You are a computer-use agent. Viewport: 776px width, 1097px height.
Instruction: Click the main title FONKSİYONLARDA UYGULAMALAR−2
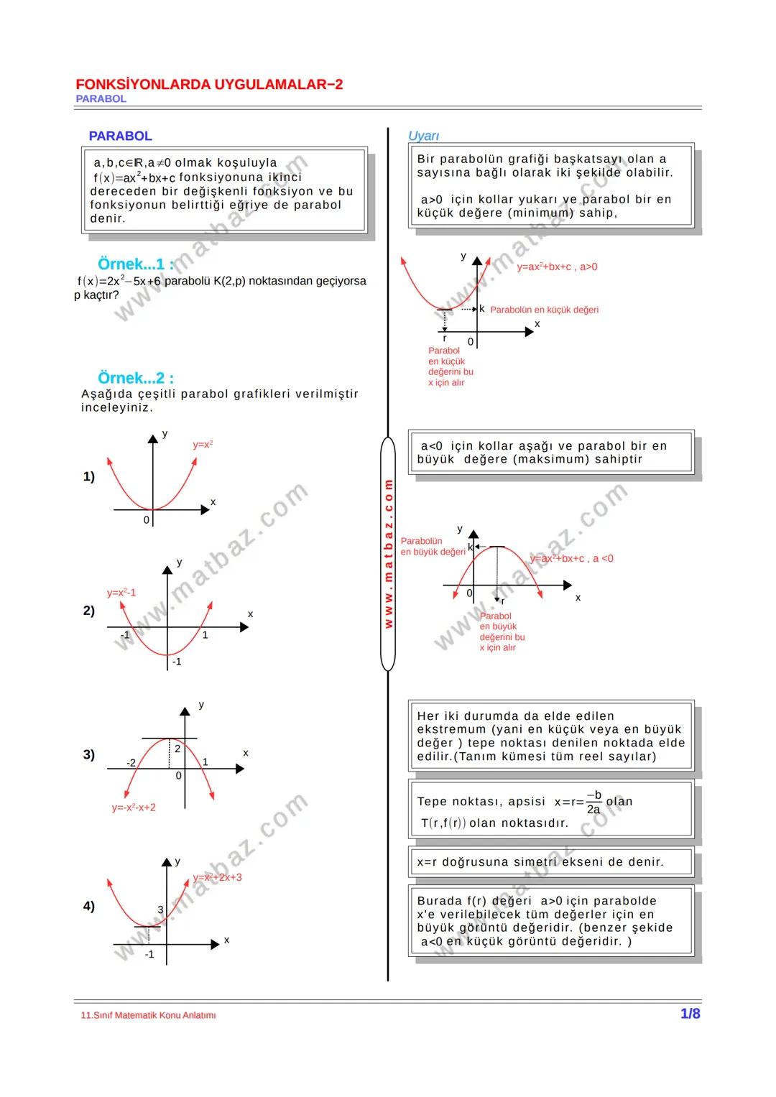click(x=208, y=85)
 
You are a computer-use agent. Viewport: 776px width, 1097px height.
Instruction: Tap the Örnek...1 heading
click(x=135, y=264)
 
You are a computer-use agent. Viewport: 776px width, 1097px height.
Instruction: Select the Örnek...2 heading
click(x=135, y=378)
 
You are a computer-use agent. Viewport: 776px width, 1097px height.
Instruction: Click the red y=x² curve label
click(x=203, y=445)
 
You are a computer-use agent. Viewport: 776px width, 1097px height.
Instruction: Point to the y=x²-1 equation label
click(x=121, y=593)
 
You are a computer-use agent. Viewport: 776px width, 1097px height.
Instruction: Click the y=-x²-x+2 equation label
click(x=134, y=807)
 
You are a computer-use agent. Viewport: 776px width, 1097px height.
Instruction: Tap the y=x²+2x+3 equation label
click(x=217, y=877)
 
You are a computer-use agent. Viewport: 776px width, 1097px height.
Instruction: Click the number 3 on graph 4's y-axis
click(x=160, y=909)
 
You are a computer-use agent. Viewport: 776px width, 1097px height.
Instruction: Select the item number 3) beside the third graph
click(x=88, y=754)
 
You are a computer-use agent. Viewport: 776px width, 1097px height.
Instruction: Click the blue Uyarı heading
click(x=423, y=136)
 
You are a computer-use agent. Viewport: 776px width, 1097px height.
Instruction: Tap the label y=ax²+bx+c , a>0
click(x=557, y=267)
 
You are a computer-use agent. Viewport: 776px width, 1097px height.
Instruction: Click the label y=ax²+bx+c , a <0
click(x=572, y=558)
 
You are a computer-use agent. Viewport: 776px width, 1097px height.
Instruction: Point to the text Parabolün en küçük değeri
click(x=544, y=310)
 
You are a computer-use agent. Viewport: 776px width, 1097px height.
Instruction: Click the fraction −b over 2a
click(x=593, y=802)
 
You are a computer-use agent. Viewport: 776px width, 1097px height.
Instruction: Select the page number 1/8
click(x=690, y=1014)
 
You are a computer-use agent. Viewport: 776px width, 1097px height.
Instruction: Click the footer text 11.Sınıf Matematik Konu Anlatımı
click(x=149, y=1015)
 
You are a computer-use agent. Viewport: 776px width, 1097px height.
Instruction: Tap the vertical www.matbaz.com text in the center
click(x=388, y=554)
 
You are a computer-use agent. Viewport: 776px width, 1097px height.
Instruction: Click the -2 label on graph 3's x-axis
click(x=131, y=762)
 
